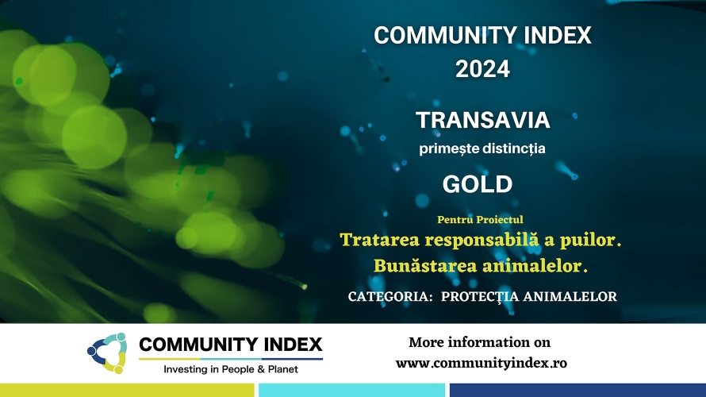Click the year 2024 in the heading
click(x=482, y=69)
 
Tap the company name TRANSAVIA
click(x=482, y=120)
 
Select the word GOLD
click(x=478, y=184)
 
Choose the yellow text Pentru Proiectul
click(x=480, y=219)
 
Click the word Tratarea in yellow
click(x=379, y=240)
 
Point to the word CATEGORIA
click(x=390, y=296)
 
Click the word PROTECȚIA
click(x=480, y=297)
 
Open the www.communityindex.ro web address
click(x=482, y=363)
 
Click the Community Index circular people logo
click(x=107, y=353)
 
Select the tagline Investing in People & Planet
click(x=231, y=369)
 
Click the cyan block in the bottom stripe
click(x=351, y=390)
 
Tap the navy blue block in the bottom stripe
click(x=577, y=390)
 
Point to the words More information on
click(x=479, y=342)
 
